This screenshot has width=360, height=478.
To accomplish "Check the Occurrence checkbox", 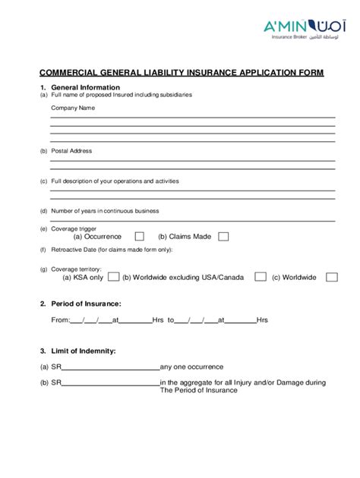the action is point(140,237).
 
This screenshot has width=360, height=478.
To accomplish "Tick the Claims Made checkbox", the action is point(223,237).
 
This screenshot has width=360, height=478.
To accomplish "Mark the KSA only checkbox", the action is point(113,277).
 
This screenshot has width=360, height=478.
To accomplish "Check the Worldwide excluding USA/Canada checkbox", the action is point(261,277).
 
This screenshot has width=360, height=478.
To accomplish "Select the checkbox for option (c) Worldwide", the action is point(332,277).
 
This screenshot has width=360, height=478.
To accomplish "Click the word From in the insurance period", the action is point(59,320).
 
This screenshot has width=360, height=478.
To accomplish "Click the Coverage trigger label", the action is point(76,228).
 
